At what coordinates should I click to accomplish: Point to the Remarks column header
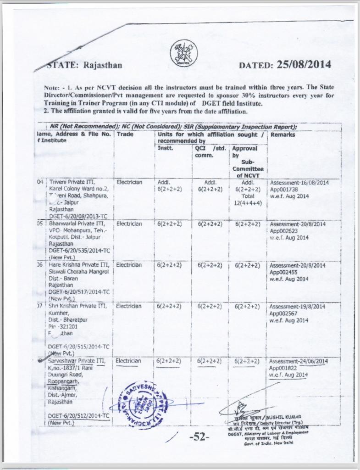point(283,135)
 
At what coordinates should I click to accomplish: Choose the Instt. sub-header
point(165,148)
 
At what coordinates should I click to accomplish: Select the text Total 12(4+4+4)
point(248,200)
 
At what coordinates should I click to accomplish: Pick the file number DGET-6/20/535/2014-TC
point(79,251)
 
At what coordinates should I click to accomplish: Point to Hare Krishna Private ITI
point(78,265)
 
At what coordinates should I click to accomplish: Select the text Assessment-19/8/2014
point(297,306)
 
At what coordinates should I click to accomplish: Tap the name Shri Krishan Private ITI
point(78,306)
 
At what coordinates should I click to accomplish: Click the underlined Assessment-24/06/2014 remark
point(298,361)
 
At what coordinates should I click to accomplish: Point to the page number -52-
point(199,437)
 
